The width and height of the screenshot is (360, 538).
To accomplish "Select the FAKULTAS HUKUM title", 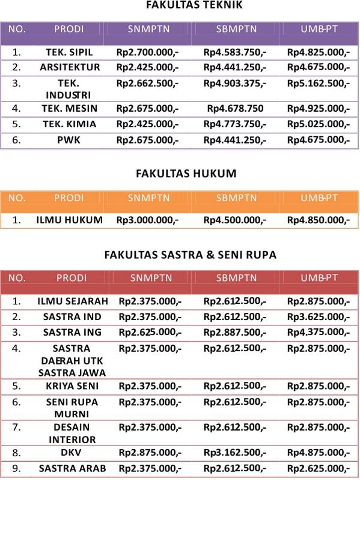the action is pyautogui.click(x=186, y=174).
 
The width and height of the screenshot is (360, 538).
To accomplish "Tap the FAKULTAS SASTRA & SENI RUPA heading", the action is pyautogui.click(x=190, y=255).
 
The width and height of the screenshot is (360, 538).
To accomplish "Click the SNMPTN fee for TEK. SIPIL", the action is pyautogui.click(x=147, y=52).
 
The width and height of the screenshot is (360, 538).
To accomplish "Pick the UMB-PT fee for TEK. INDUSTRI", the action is pyautogui.click(x=318, y=83).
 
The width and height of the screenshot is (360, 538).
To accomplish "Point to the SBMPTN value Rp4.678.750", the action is pyautogui.click(x=235, y=109).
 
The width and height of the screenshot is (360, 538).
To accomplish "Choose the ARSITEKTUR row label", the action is pyautogui.click(x=70, y=67).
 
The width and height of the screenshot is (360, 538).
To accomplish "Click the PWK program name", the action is pyautogui.click(x=69, y=140).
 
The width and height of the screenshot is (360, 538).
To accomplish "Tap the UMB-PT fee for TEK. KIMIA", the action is pyautogui.click(x=318, y=124).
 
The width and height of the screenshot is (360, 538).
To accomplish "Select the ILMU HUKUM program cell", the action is pyautogui.click(x=69, y=220).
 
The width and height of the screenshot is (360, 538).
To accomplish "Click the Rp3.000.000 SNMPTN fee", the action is pyautogui.click(x=147, y=220).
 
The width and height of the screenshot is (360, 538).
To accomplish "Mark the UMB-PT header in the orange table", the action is pyautogui.click(x=319, y=198).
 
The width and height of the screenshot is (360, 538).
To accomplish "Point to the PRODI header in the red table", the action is pyautogui.click(x=72, y=277).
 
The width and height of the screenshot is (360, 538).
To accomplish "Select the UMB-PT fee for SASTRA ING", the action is pyautogui.click(x=318, y=332).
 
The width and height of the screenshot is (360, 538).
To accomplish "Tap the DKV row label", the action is pyautogui.click(x=71, y=453).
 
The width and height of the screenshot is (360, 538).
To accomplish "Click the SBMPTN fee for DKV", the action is pyautogui.click(x=234, y=453).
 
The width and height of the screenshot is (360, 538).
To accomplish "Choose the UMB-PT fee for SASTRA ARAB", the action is pyautogui.click(x=318, y=468).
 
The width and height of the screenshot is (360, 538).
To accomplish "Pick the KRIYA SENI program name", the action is pyautogui.click(x=72, y=386).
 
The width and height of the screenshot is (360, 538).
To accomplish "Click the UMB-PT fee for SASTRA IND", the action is pyautogui.click(x=318, y=316).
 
